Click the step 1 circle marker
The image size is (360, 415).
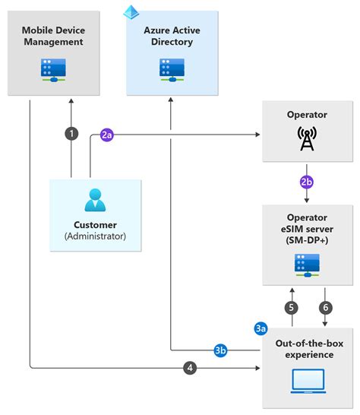pyautogui.click(x=71, y=133)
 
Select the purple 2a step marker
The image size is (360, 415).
pyautogui.click(x=108, y=135)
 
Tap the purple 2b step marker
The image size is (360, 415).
pyautogui.click(x=306, y=182)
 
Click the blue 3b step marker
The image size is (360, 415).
pyautogui.click(x=219, y=350)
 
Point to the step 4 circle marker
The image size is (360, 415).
pyautogui.click(x=190, y=369)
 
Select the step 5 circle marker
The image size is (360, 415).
pyautogui.click(x=290, y=308)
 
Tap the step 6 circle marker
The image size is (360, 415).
pyautogui.click(x=325, y=308)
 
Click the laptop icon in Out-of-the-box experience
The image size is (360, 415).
pyautogui.click(x=308, y=379)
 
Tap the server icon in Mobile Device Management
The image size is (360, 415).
pyautogui.click(x=53, y=69)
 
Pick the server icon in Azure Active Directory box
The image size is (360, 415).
pyautogui.click(x=171, y=69)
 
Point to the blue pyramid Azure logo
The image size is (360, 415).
pyautogui.click(x=131, y=11)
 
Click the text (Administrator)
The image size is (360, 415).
pyautogui.click(x=96, y=236)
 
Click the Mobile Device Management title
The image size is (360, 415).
pyautogui.click(x=53, y=36)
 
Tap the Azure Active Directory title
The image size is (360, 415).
pyautogui.click(x=172, y=36)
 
